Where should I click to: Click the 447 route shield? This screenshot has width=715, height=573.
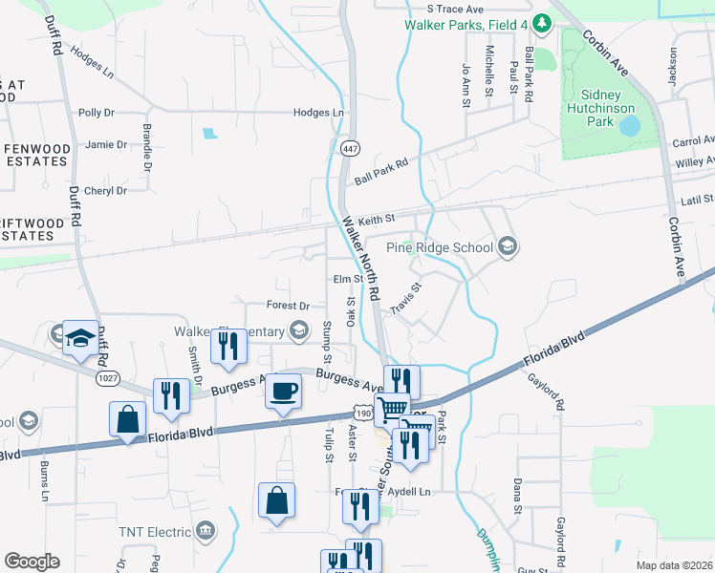coord(348,147)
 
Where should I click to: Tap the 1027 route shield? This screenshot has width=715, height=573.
coord(107,377)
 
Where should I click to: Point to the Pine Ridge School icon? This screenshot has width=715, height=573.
coord(507,247)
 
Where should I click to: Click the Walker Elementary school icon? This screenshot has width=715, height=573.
coord(299,331)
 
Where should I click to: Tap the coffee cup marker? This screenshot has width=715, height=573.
coord(283,393)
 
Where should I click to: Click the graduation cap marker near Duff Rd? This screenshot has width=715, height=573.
coord(81,338)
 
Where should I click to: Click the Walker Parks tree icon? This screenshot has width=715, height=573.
coord(541,21)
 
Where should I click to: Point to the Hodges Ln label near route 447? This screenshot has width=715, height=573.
coord(318,113)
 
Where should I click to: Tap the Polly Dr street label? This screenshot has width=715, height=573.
coord(97,113)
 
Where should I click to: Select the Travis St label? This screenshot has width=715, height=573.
coord(405,297)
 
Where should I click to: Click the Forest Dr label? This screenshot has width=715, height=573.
coord(288,306)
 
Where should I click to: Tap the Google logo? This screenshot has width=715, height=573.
coord(32,561)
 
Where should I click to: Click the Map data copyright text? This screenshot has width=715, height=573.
coord(673,565)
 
